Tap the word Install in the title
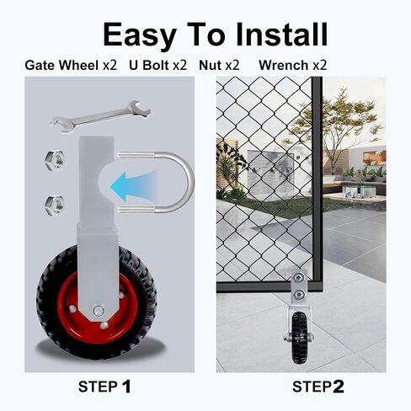point(281,35)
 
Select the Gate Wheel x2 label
point(71,66)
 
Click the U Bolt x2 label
point(157,66)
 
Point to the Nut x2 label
point(219,66)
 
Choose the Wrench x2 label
point(293,66)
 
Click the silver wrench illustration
point(100,116)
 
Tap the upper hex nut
point(55,159)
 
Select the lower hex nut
point(55,205)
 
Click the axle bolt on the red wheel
point(99,310)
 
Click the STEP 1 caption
point(104,387)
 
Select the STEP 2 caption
point(318,387)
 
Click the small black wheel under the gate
point(300,338)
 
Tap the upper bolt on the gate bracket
point(299,278)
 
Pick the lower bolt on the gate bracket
point(299,295)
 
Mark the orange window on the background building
point(374,157)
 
